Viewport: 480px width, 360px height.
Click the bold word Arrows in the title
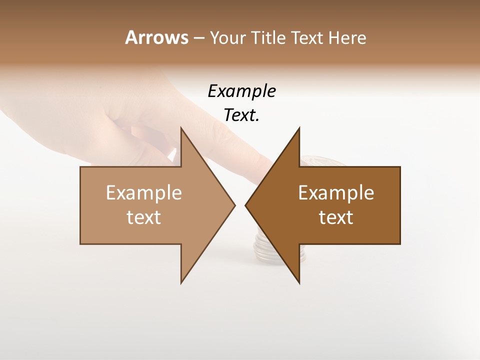click(156, 37)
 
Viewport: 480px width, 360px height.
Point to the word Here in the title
click(347, 37)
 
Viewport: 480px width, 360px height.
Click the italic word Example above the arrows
click(241, 91)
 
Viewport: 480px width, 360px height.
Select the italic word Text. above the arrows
click(241, 115)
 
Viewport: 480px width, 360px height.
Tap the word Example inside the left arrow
click(144, 192)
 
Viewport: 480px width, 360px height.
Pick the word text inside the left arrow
click(144, 217)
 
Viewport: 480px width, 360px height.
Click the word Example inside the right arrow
click(336, 192)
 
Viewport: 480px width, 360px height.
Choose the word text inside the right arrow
click(336, 217)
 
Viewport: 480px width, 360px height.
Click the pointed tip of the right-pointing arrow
click(234, 205)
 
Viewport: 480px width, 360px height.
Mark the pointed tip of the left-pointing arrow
click(245, 205)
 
